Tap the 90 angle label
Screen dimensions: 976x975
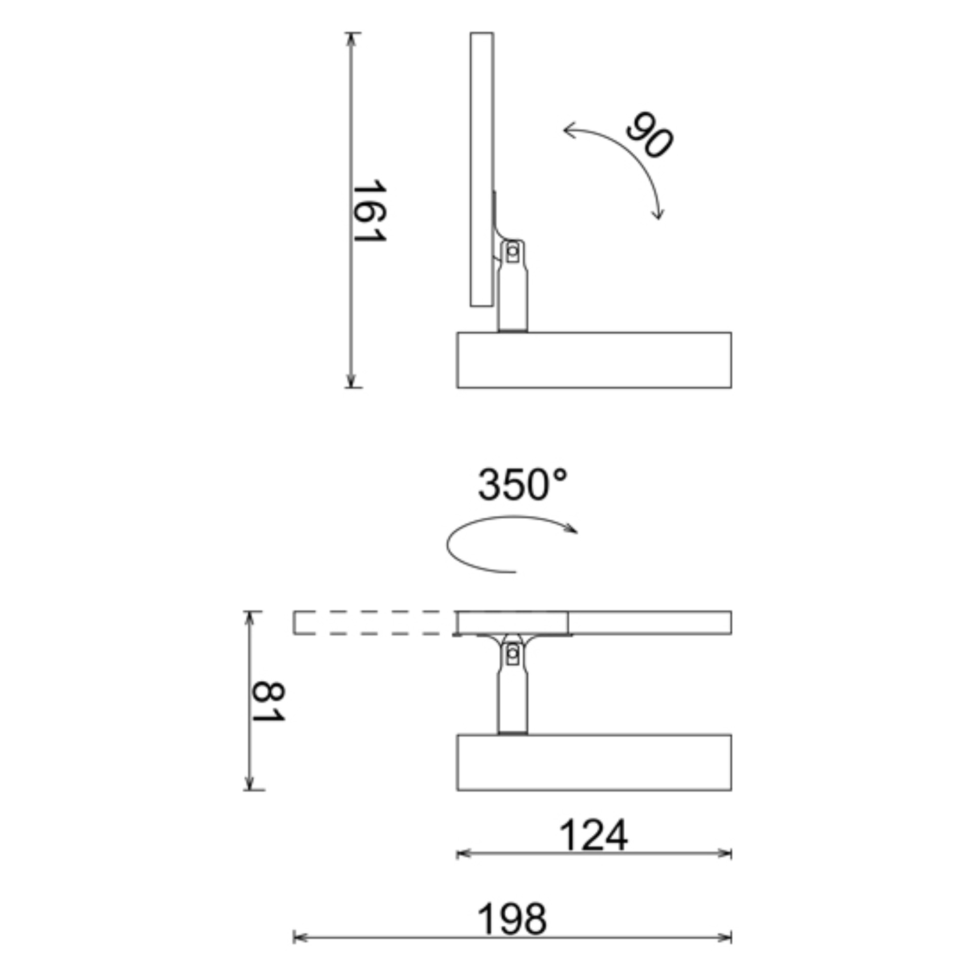[x=649, y=134]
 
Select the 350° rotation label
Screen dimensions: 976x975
[x=522, y=485]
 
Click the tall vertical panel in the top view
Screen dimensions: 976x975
[x=481, y=169]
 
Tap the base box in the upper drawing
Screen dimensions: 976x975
[x=594, y=360]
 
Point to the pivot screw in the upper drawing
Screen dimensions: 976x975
[x=512, y=251]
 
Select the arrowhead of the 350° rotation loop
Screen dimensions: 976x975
[x=573, y=530]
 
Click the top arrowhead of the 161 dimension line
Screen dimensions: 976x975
[x=350, y=38]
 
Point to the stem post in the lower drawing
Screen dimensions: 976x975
[x=512, y=701]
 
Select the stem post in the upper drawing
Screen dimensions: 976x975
[x=512, y=300]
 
